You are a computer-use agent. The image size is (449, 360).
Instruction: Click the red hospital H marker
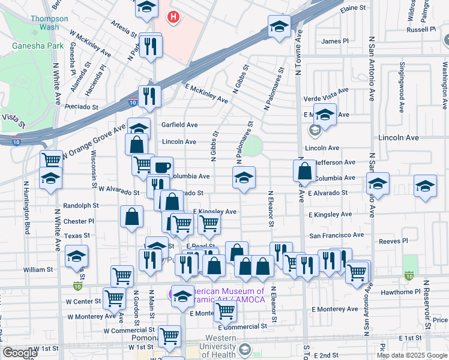173,17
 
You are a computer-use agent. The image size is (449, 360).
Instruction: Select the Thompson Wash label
49,23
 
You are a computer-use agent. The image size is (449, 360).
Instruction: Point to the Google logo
20,353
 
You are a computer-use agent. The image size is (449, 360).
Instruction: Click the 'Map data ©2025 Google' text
412,355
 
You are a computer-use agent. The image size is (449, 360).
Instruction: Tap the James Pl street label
335,41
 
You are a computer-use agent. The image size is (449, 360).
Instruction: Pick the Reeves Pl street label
393,241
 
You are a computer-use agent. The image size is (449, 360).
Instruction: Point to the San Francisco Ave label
336,235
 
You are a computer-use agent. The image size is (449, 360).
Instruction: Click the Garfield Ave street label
179,125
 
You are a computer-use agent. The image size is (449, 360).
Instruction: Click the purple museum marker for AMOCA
172,295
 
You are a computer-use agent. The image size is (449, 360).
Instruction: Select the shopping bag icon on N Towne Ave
305,170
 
